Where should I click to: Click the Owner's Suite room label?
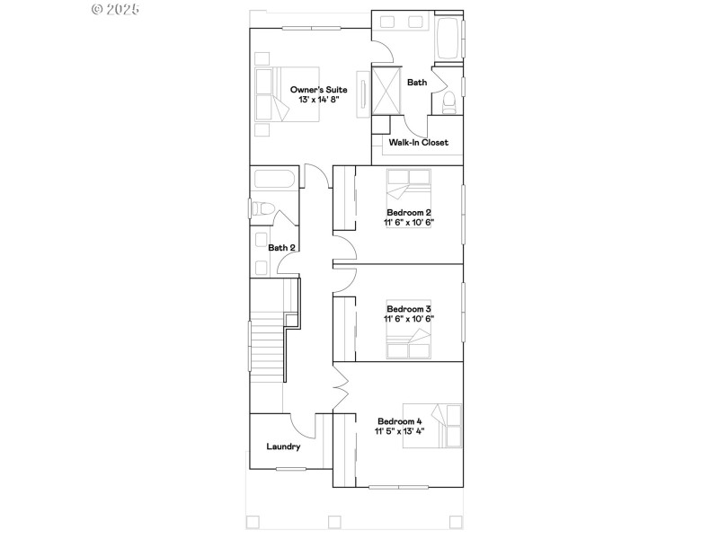click(318, 89)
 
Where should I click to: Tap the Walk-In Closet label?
click(418, 142)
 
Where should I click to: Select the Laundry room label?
click(283, 446)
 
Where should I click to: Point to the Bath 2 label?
click(281, 247)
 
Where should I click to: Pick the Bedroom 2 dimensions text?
click(409, 222)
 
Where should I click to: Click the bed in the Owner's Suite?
click(286, 93)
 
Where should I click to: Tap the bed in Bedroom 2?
click(409, 190)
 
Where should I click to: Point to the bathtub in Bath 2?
click(273, 180)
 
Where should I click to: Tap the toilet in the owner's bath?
click(448, 102)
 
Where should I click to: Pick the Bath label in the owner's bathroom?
click(417, 83)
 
